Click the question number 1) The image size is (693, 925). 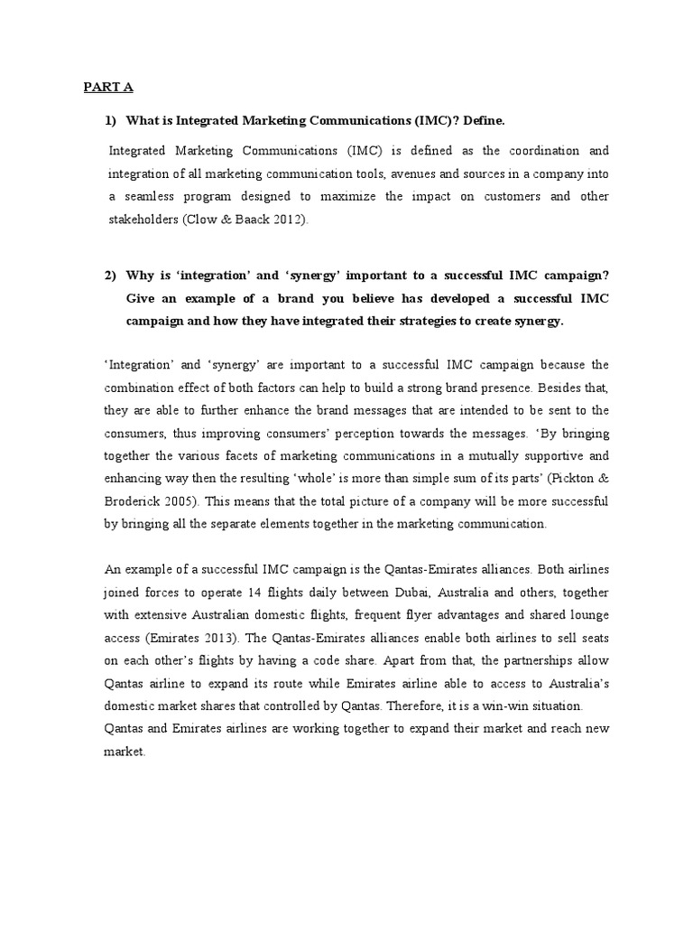[x=112, y=120]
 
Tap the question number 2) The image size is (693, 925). [x=112, y=275]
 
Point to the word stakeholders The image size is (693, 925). [x=142, y=220]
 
